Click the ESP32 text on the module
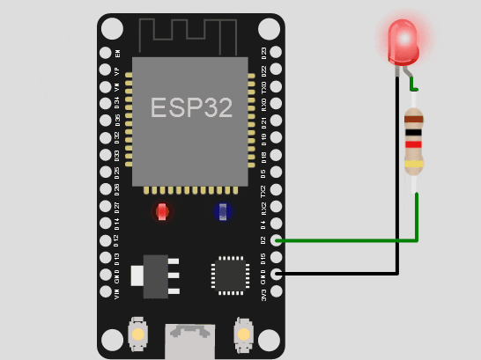point(191,107)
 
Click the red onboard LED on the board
point(162,211)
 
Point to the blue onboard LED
point(222,211)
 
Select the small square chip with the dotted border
point(230,275)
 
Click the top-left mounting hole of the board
point(112,29)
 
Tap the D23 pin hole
point(276,52)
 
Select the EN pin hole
point(106,53)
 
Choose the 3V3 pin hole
point(276,290)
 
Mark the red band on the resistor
point(413,143)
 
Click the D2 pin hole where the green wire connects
point(277,239)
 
